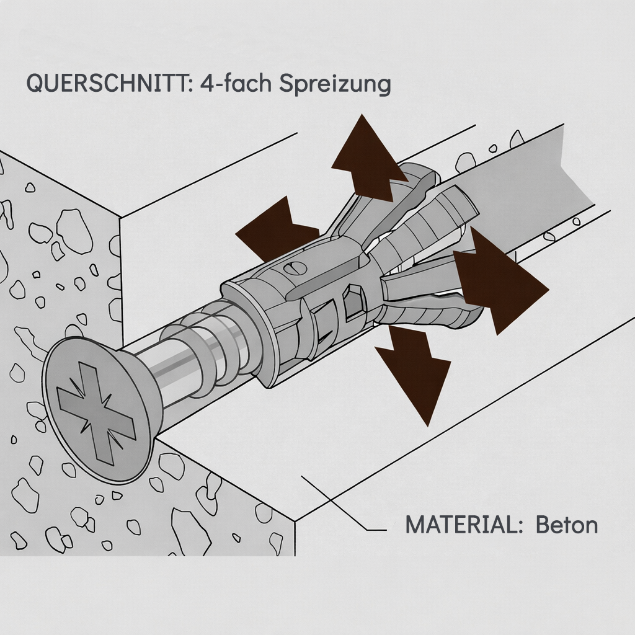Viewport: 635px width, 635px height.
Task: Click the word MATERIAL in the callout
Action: (460, 525)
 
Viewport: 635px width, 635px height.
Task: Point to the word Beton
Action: (567, 525)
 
